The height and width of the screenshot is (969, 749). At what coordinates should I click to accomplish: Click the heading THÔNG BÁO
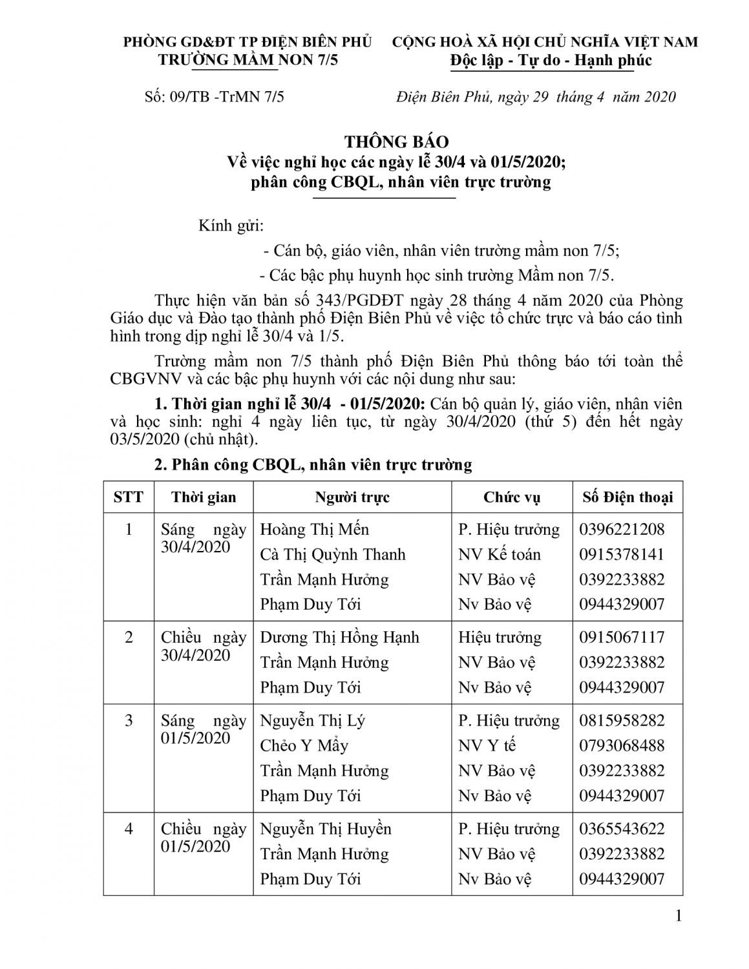tap(396, 142)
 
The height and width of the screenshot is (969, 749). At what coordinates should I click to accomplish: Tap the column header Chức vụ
tap(511, 497)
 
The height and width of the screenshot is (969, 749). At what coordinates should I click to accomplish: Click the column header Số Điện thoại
tap(627, 497)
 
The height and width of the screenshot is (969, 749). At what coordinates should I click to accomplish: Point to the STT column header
tap(129, 497)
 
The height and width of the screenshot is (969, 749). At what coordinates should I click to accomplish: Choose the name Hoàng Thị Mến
tap(314, 530)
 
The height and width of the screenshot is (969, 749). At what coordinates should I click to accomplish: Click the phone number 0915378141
tap(622, 554)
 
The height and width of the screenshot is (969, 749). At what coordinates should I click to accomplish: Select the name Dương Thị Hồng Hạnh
tap(339, 638)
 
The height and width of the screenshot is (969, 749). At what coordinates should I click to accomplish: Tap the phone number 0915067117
tap(622, 638)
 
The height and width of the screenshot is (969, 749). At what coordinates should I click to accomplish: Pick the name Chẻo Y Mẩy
tap(304, 745)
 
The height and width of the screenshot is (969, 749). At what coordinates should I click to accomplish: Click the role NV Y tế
tap(487, 745)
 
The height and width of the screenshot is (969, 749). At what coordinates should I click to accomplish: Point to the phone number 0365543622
tap(622, 829)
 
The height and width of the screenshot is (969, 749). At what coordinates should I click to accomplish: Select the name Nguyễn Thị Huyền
tap(326, 829)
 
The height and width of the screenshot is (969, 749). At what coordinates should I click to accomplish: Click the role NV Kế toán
tap(500, 554)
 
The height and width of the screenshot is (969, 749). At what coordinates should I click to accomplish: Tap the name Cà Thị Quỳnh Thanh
tap(333, 554)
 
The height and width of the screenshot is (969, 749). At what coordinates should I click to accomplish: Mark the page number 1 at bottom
tap(678, 915)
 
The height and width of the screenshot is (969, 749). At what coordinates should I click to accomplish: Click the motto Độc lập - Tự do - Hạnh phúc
tap(551, 61)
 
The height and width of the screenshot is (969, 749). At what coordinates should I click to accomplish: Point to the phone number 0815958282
tap(622, 721)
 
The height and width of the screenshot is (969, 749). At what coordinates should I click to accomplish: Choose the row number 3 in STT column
tap(129, 721)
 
